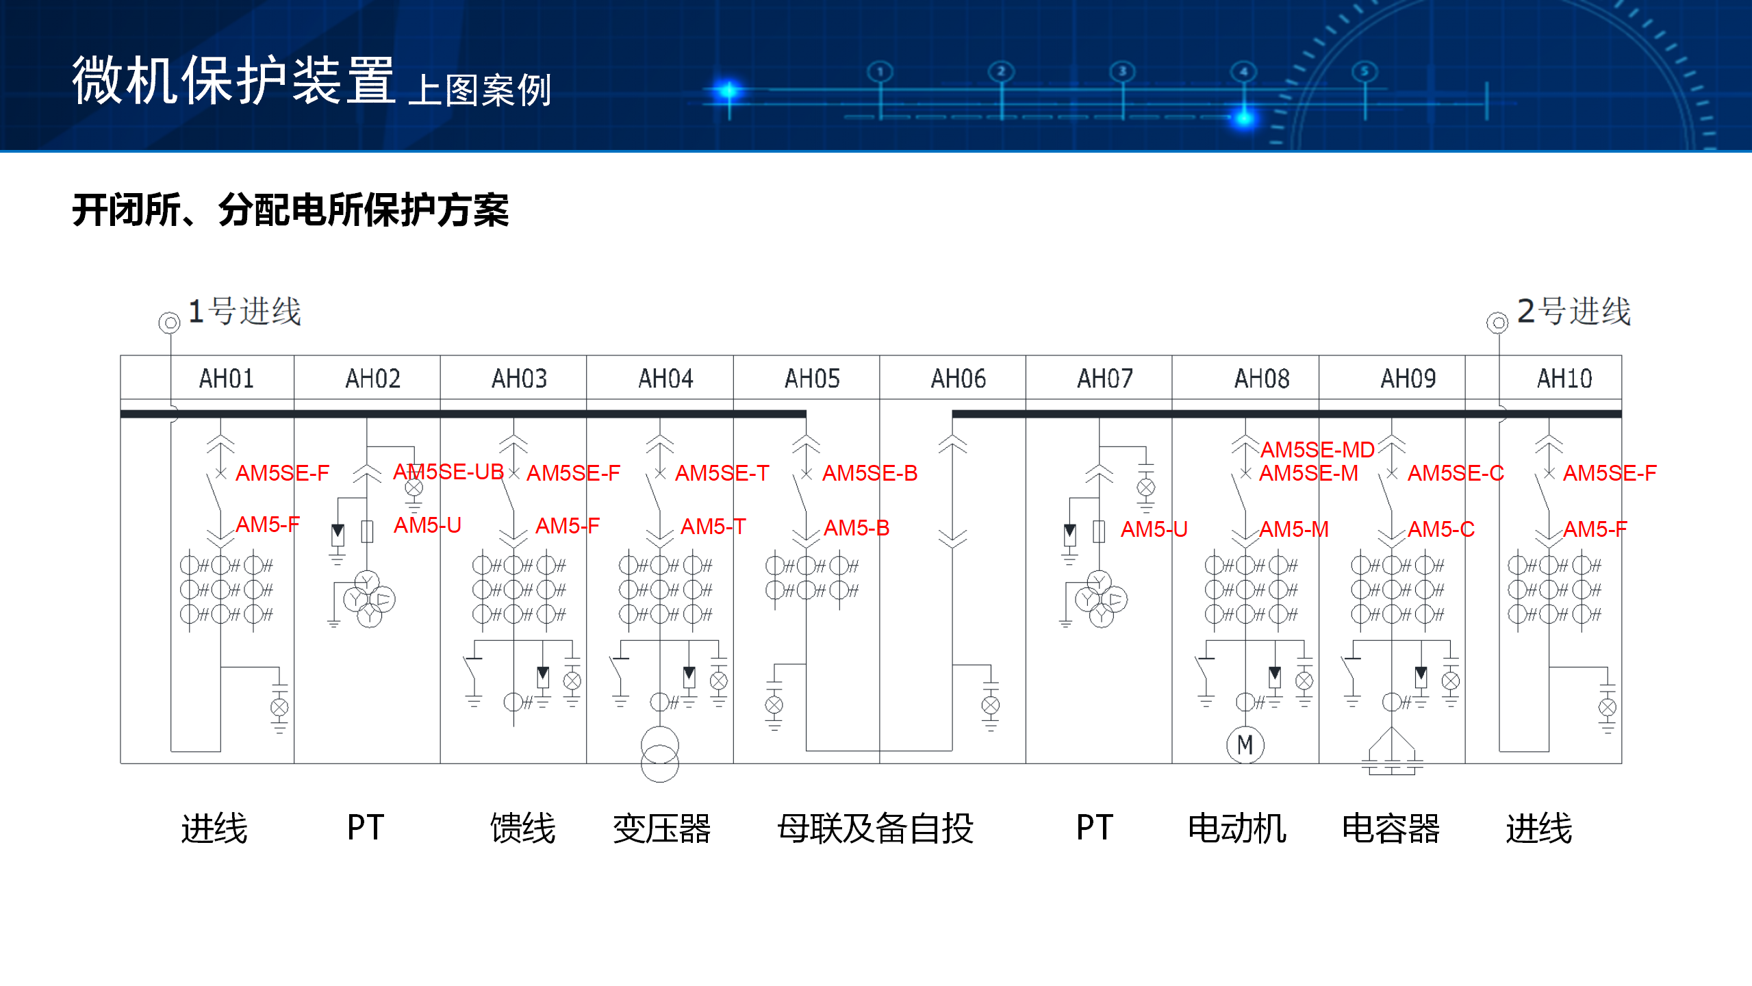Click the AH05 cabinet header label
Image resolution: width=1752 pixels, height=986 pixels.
[812, 379]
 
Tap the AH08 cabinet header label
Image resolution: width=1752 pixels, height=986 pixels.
[1261, 379]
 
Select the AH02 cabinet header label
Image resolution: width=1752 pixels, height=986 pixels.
[372, 379]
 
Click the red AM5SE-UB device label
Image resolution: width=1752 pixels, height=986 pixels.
[448, 472]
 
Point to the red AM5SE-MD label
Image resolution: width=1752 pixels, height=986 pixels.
[1317, 450]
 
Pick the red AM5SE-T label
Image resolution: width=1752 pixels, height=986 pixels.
[722, 473]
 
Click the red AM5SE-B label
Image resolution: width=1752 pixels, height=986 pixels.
[869, 473]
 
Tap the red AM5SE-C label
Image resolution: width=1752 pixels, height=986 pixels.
[1456, 473]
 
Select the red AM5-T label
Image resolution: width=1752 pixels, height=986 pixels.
[713, 527]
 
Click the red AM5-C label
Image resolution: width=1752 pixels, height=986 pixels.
[1440, 529]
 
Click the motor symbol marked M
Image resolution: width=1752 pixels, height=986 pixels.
[1245, 745]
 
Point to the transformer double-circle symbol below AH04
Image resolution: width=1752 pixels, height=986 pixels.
[659, 754]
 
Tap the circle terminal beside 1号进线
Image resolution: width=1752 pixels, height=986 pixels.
[169, 323]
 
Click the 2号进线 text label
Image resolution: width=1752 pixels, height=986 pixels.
[1573, 312]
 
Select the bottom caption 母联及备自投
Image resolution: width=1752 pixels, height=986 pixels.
[875, 829]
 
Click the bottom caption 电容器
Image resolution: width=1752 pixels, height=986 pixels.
[1391, 829]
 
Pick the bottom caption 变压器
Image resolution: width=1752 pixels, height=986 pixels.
[661, 829]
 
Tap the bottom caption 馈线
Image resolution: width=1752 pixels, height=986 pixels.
[522, 829]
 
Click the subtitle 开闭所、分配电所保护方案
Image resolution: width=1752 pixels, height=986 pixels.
[290, 210]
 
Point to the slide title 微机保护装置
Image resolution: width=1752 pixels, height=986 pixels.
[233, 81]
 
